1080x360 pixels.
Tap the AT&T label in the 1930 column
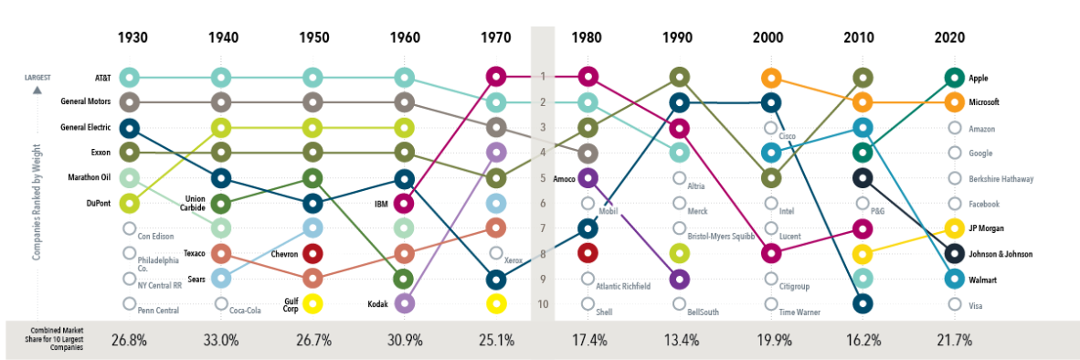point(103,78)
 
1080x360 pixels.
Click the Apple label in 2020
point(980,79)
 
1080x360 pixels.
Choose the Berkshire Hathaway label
point(1001,179)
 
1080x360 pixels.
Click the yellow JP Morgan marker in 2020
point(954,228)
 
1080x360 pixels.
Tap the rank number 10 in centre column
point(543,303)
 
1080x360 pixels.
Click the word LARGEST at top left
point(37,78)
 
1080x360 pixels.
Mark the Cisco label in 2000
point(789,135)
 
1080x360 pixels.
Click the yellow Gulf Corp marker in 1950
point(312,303)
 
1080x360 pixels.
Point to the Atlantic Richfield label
point(623,286)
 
